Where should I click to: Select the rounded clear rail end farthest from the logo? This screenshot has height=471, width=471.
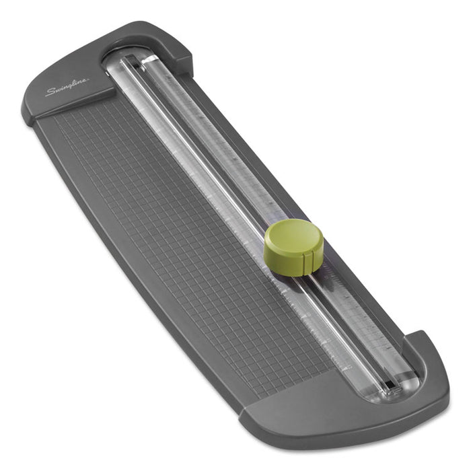pos(404,384)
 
